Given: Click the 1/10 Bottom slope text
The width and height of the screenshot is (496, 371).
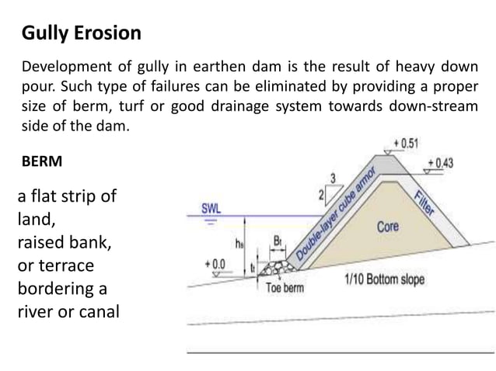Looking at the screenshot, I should (x=384, y=279).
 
